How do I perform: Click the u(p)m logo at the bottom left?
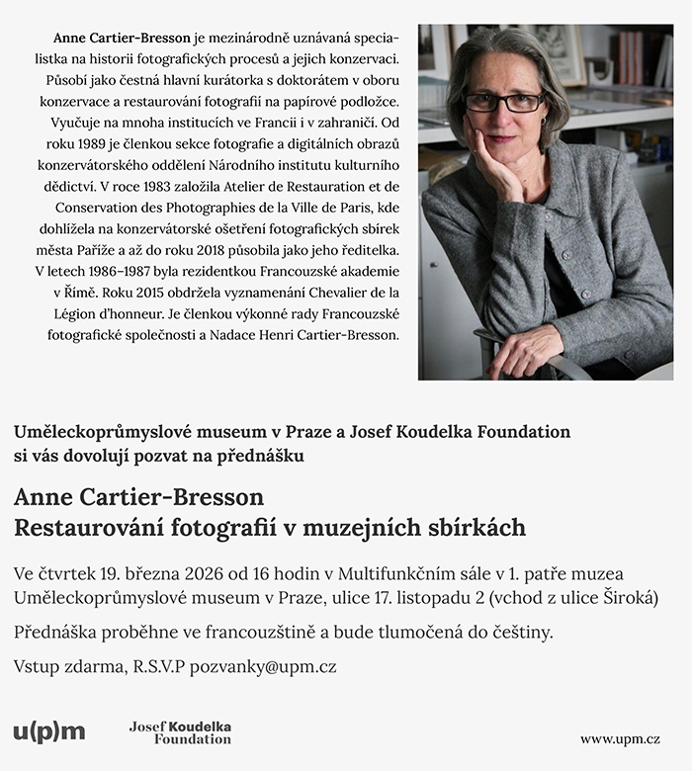pyautogui.click(x=48, y=732)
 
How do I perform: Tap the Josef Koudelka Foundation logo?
pyautogui.click(x=180, y=732)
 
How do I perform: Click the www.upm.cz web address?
pyautogui.click(x=620, y=738)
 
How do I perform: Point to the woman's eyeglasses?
pyautogui.click(x=503, y=102)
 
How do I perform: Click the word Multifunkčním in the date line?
pyautogui.click(x=395, y=574)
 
